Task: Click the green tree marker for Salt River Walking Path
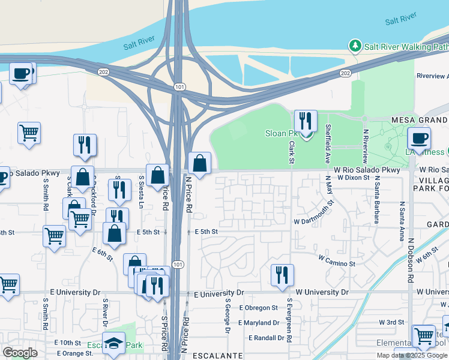pos(355,46)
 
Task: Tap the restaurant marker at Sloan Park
pos(306,122)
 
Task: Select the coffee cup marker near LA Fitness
pos(419,139)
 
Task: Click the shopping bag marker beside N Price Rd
pos(199,163)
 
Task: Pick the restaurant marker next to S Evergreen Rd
pos(282,275)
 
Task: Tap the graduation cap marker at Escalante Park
pos(113,344)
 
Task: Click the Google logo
pos(20,353)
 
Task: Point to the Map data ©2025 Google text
pos(412,355)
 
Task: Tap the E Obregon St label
pos(258,308)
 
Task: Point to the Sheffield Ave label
pos(328,144)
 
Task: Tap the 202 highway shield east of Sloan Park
pos(345,73)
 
